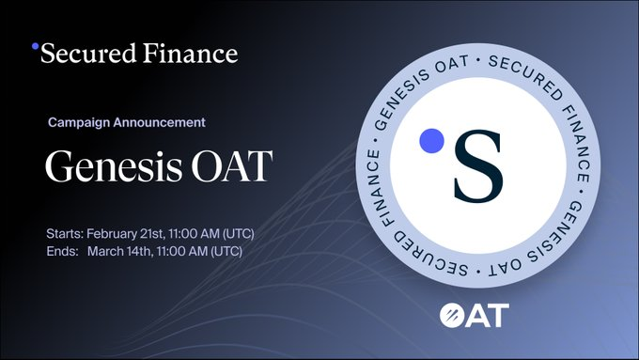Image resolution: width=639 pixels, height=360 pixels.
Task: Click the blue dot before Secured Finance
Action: tap(36, 45)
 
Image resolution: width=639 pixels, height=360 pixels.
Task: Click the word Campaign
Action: tap(79, 122)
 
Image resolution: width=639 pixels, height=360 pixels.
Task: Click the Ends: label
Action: tap(62, 251)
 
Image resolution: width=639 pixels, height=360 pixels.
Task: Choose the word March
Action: tap(106, 251)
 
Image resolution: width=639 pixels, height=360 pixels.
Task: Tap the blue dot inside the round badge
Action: tap(430, 140)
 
